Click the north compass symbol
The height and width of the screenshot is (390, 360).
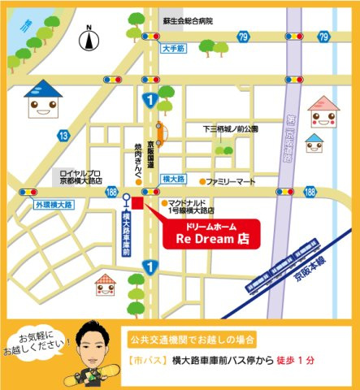pos(89,36)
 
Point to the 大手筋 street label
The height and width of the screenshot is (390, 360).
pos(174,48)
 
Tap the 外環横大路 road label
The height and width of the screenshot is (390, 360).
pos(54,205)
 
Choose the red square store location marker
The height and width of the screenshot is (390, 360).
pos(137,202)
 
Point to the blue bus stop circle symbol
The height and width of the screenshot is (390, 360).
pos(126,197)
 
